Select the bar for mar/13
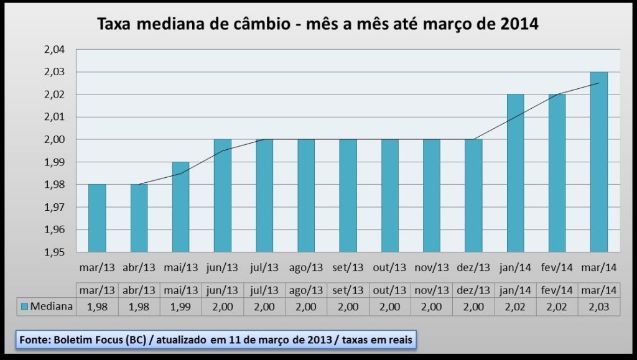pos(97,218)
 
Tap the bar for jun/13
pos(223,195)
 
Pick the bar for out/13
pos(390,195)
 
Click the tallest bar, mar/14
pos(599,162)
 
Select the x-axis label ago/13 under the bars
pos(306,268)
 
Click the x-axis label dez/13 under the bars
pos(473,268)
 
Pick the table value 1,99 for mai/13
pos(181,306)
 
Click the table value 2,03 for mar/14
pos(599,306)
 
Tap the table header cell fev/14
pos(557,290)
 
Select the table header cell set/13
pos(348,290)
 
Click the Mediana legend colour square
pos(25,306)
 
